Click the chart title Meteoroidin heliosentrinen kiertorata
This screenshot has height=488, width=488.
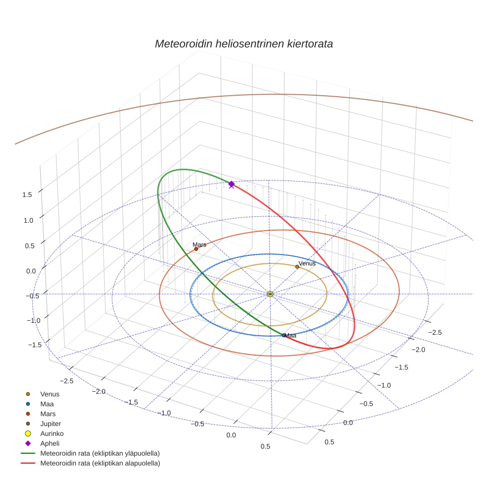244,44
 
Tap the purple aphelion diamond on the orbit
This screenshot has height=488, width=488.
231,184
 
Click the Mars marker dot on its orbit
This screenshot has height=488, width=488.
196,249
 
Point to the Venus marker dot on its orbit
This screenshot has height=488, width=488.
297,267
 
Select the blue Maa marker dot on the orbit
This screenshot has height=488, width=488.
284,335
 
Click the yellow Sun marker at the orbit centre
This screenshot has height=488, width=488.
270,294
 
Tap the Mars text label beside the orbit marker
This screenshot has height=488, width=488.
199,244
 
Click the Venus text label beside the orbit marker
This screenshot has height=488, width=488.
307,263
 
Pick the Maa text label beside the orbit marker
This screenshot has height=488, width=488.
291,336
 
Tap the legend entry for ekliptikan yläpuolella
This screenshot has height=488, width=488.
100,453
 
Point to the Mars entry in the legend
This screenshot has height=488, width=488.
48,414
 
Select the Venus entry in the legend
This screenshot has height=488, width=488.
50,394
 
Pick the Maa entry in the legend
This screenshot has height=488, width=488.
47,404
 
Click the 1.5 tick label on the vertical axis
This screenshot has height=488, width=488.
27,194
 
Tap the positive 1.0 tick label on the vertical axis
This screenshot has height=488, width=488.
27,220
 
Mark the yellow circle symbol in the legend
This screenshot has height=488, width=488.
28,433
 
